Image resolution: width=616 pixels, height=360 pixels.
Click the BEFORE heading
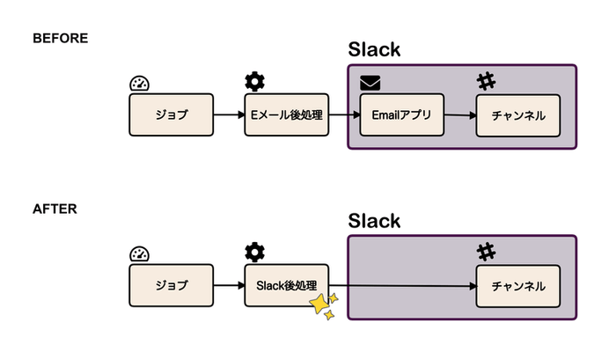pos(61,39)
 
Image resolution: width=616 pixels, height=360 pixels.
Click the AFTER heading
pos(55,209)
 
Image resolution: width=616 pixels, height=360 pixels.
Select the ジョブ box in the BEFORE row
pos(172,115)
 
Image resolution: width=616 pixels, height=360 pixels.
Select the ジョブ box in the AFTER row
pos(172,285)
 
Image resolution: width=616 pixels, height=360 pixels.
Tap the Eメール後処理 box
pos(286,115)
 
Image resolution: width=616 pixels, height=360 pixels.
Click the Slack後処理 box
pos(286,285)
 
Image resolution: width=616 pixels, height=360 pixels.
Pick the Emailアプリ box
pos(401,115)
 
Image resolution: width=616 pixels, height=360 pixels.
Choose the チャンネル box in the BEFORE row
pos(517,115)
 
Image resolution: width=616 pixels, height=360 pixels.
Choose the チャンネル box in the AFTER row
pos(517,285)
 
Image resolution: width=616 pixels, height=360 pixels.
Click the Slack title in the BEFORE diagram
pos(374,49)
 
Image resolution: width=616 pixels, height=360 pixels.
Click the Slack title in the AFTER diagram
pos(374,220)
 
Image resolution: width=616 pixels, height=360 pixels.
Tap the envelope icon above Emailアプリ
pos(370,84)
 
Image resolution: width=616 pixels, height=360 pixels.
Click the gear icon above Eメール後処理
pos(254,83)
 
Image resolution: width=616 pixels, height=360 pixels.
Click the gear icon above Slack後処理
pos(254,253)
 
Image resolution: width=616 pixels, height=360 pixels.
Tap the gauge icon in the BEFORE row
pos(140,84)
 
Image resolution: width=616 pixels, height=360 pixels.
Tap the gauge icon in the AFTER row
pos(140,254)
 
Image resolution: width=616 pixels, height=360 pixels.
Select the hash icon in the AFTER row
pos(486,253)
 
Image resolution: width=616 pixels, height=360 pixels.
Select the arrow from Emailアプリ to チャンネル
pos(458,115)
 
